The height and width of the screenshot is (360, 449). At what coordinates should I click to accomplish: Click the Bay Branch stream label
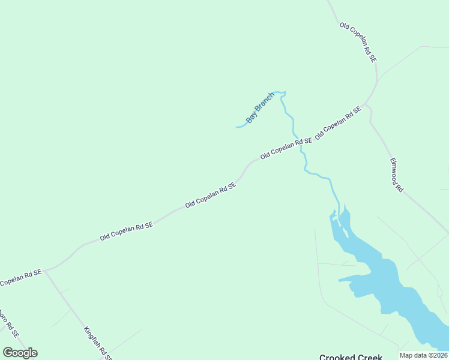[260, 107]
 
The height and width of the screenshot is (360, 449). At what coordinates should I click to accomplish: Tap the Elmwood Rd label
[396, 175]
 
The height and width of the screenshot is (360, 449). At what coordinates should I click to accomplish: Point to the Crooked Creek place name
[351, 356]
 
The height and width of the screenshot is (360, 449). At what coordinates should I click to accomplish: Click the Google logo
[20, 352]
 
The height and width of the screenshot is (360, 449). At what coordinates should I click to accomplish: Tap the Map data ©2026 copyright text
[423, 355]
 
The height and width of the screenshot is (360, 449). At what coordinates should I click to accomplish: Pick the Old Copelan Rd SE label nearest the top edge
[358, 43]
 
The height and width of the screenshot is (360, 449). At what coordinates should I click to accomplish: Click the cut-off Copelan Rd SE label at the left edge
[20, 277]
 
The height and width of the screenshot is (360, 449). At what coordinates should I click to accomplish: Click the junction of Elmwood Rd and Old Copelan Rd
[367, 106]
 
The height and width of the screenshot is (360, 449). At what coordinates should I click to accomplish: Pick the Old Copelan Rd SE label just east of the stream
[338, 122]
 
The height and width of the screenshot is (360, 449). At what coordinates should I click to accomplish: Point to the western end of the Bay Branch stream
[237, 127]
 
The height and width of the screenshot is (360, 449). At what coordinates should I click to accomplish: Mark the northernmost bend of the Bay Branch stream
[279, 92]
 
